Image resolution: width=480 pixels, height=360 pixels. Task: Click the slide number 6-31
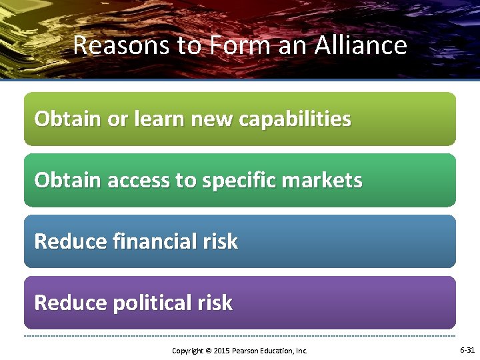point(467,349)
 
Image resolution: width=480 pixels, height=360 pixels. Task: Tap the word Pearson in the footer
point(245,350)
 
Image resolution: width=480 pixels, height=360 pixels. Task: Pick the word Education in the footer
point(278,350)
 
